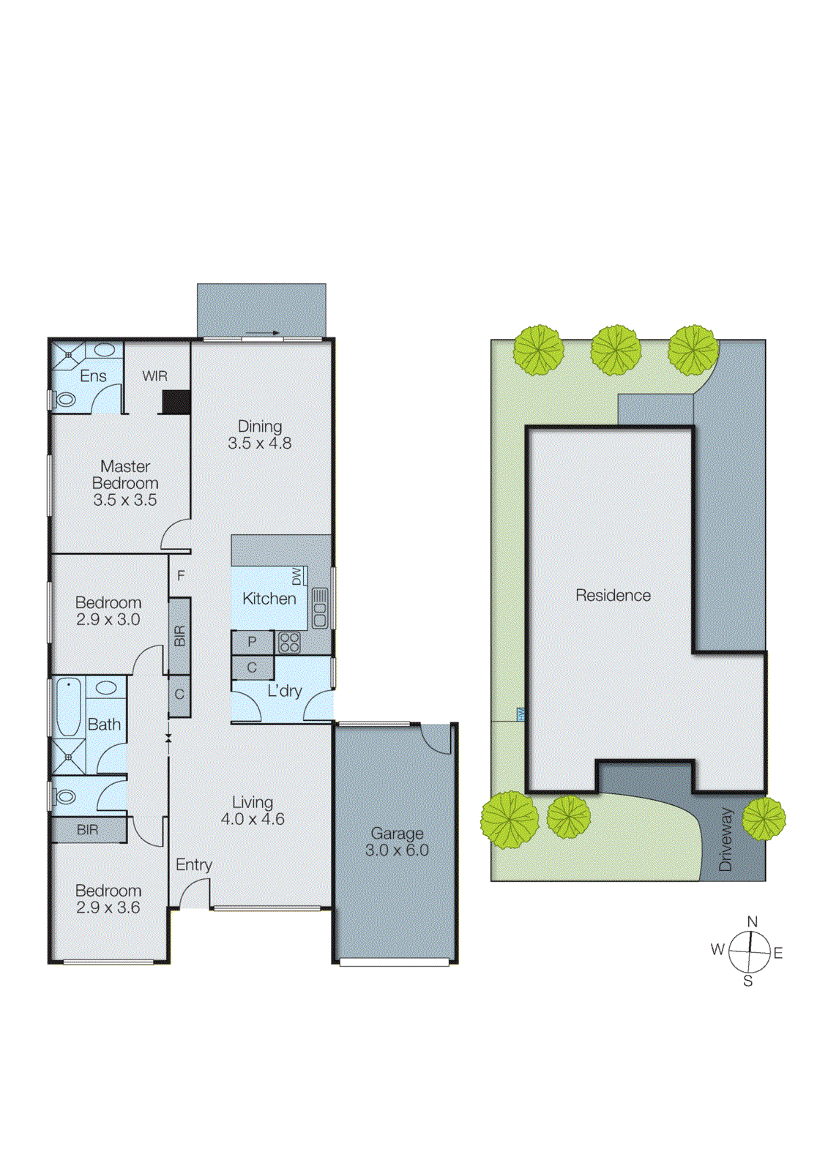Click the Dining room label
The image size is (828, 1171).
point(259,426)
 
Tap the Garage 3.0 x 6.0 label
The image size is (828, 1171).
point(397,842)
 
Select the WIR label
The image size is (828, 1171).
point(154,376)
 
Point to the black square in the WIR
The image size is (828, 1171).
point(176,402)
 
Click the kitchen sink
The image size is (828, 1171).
point(320,608)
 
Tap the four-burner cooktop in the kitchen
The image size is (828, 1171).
point(289,643)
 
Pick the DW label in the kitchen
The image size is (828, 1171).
point(296,576)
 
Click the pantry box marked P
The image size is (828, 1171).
point(252,642)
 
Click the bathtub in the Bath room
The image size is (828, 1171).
point(69,707)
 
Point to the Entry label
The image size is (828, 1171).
point(194,865)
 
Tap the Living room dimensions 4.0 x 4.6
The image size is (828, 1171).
point(253,819)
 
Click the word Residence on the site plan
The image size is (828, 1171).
point(613,595)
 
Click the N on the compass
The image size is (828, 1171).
point(752,921)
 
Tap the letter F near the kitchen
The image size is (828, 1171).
point(181,576)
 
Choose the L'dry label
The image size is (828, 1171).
point(284,690)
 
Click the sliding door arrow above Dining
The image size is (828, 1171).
point(263,333)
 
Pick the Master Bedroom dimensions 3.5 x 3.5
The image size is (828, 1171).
point(125,500)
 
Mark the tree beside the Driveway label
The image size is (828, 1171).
point(764,818)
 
